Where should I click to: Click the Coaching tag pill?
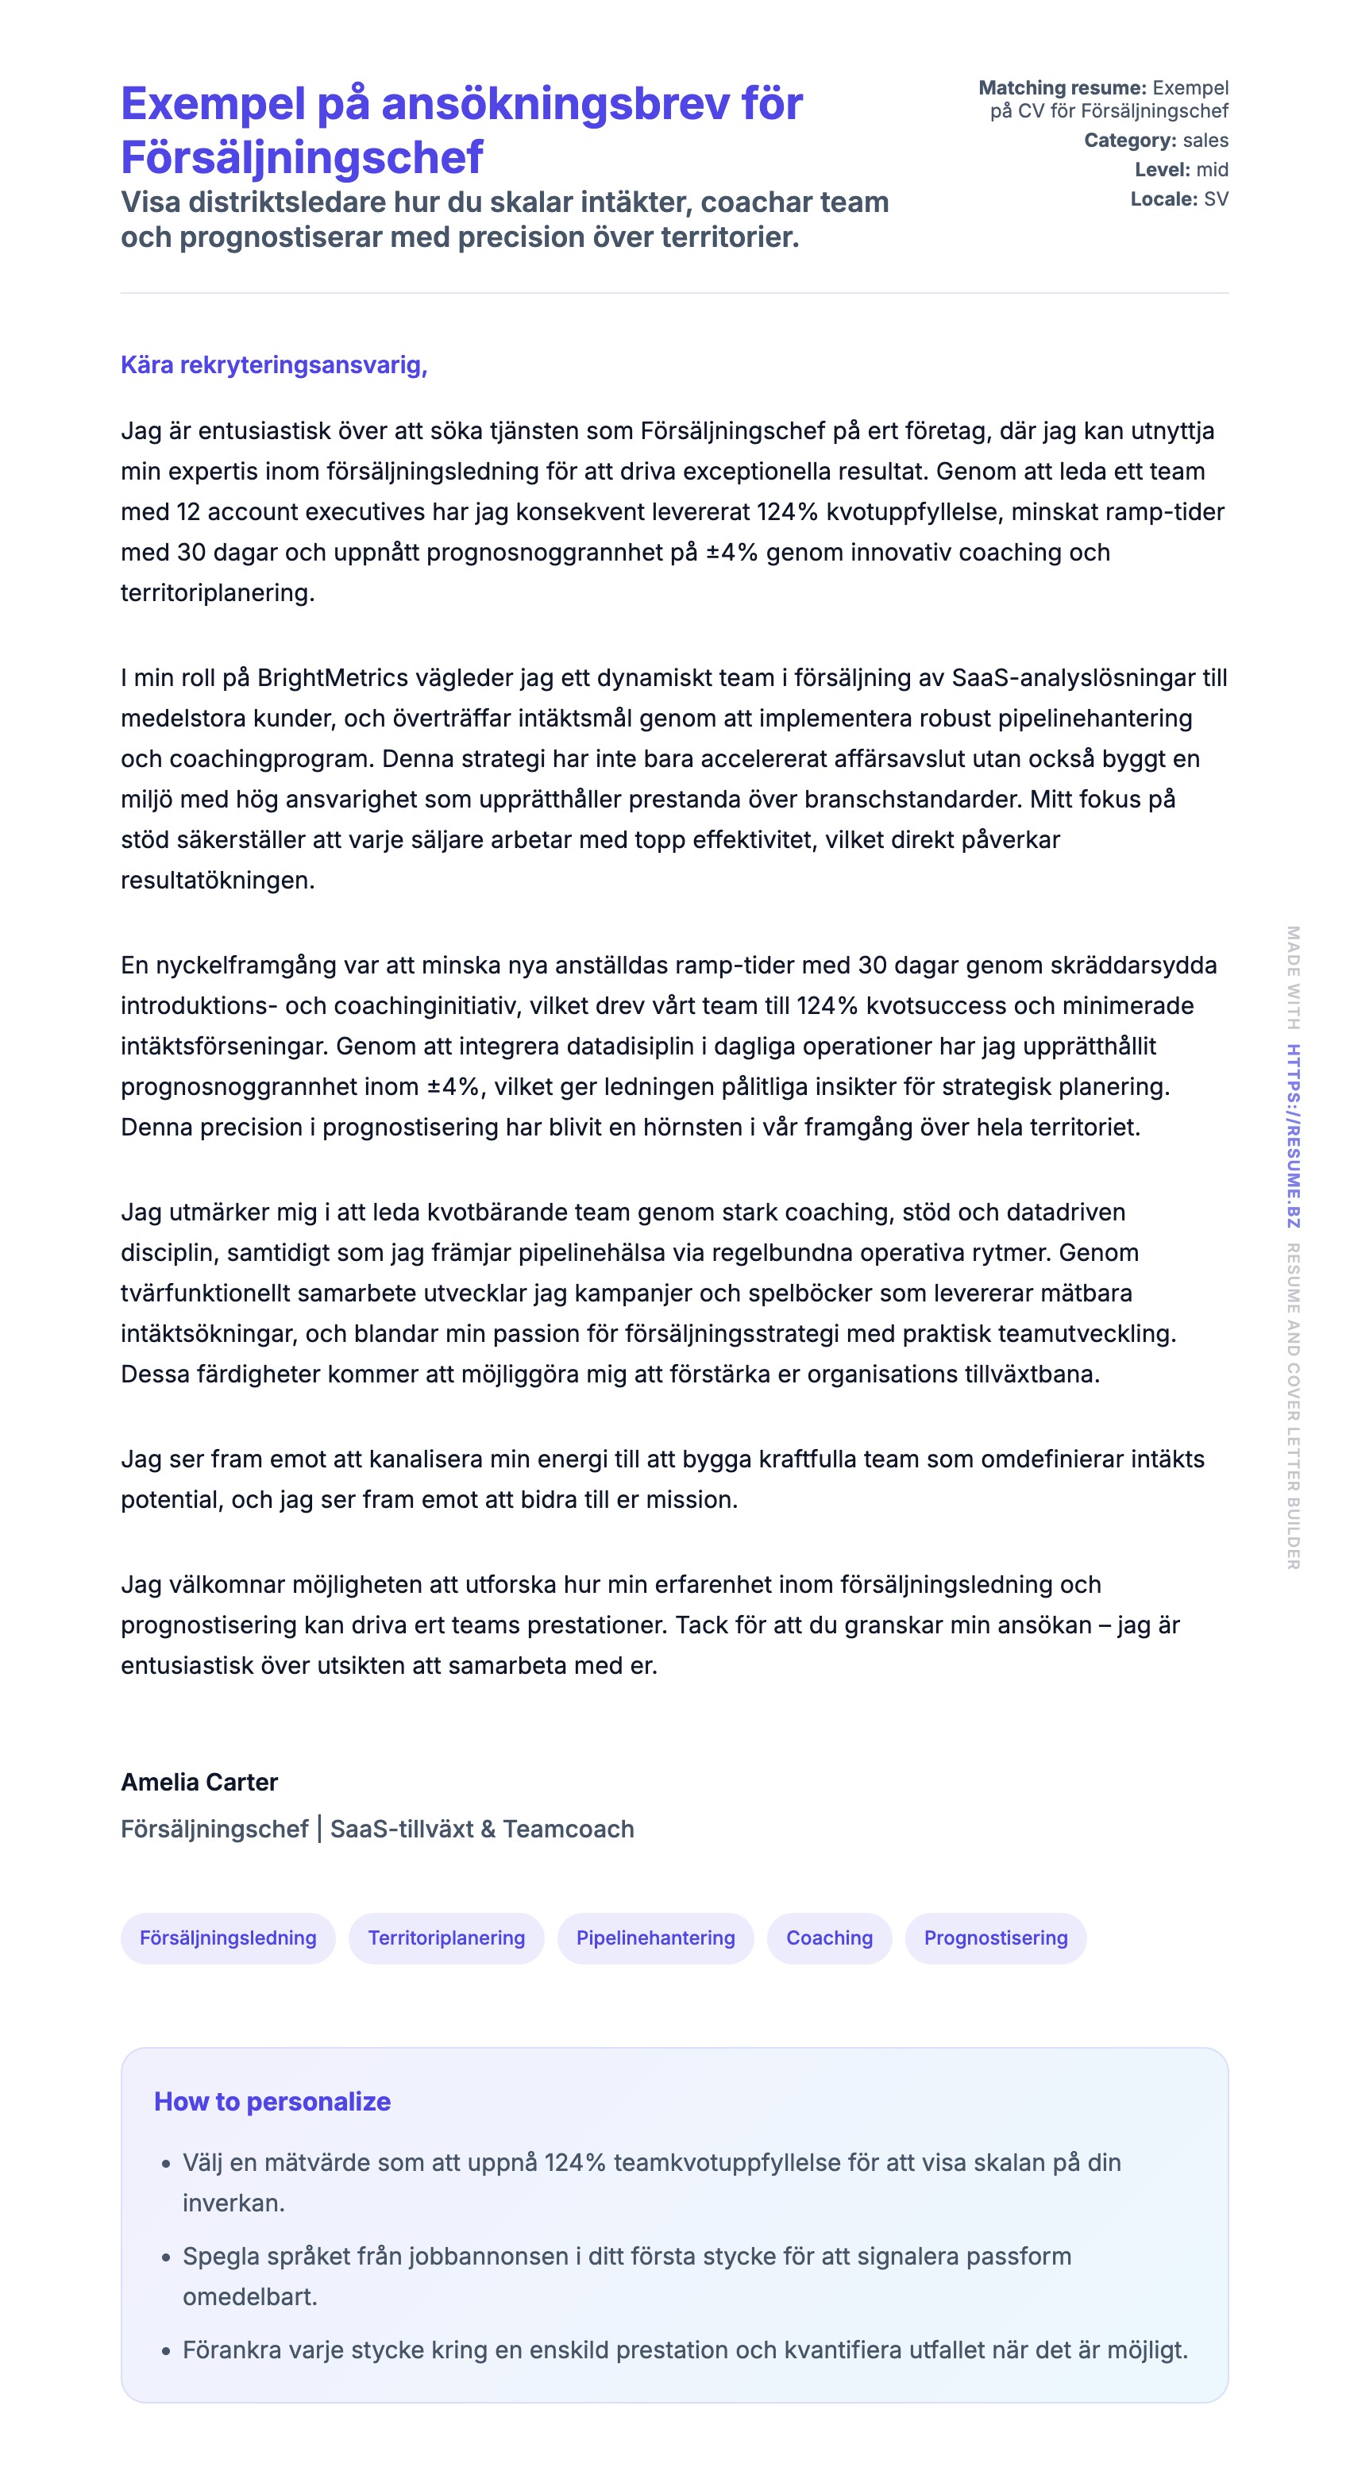click(828, 1937)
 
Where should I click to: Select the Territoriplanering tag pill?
click(445, 1937)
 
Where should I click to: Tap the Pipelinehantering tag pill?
click(654, 1937)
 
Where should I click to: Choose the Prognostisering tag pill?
click(995, 1937)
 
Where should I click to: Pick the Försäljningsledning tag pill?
click(227, 1937)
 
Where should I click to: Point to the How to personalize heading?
click(272, 2101)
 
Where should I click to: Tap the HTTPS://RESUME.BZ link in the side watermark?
click(1294, 1135)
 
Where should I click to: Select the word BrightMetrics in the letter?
click(332, 677)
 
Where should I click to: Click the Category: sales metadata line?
click(1155, 141)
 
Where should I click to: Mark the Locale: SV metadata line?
click(1178, 199)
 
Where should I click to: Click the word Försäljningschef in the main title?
click(301, 157)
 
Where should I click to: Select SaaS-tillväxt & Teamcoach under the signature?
click(482, 1829)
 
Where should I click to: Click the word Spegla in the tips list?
click(214, 2256)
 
